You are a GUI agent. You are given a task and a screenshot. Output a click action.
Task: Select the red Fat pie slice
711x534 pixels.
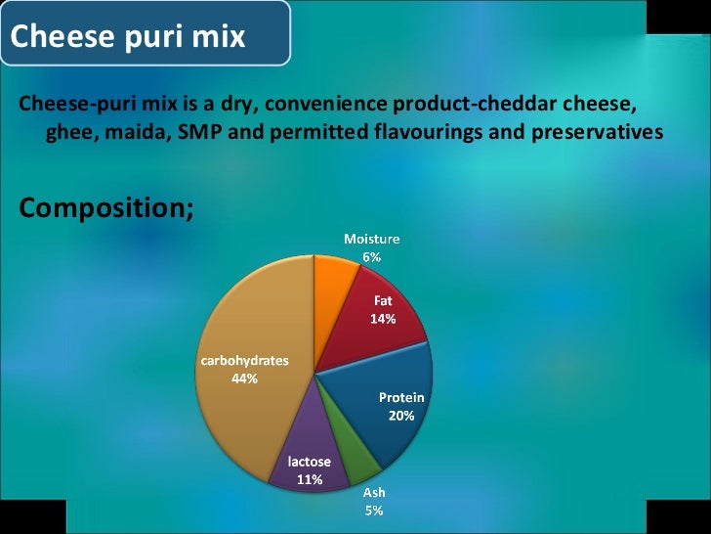[386, 333]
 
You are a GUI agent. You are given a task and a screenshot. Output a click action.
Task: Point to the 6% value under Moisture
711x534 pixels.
[371, 257]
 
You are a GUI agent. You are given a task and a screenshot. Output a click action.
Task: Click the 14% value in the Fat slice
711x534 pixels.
[382, 319]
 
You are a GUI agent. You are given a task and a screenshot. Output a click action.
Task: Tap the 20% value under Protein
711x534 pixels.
[401, 416]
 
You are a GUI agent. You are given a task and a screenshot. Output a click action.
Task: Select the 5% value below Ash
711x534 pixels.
[374, 511]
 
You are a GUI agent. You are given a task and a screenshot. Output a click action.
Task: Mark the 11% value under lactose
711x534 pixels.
[310, 479]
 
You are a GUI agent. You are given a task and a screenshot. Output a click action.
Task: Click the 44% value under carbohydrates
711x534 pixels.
[244, 378]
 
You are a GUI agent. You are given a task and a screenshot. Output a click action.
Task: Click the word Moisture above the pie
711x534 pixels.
[371, 239]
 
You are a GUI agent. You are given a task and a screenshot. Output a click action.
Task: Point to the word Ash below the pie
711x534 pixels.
[374, 493]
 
